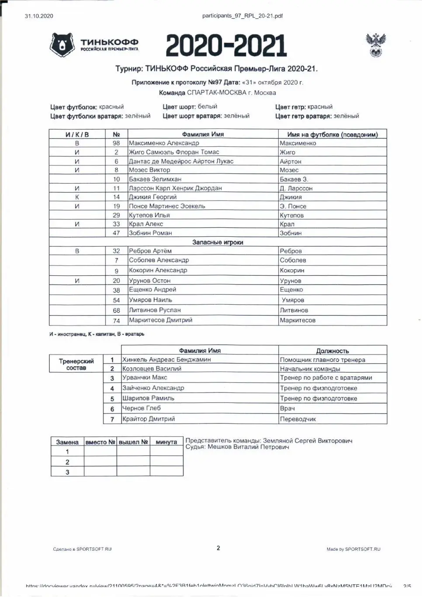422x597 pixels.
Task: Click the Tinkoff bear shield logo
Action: [x=63, y=45]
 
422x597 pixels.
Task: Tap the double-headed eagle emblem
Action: [x=376, y=45]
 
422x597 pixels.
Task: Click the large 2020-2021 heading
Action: [x=226, y=46]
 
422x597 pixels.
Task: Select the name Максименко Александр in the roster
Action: [x=164, y=143]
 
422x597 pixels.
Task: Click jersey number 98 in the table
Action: [x=116, y=143]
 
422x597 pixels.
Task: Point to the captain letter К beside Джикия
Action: [x=77, y=197]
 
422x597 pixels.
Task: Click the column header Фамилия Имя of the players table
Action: [x=203, y=134]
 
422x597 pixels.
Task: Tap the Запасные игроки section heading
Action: [x=218, y=242]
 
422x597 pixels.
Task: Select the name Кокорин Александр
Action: [x=158, y=270]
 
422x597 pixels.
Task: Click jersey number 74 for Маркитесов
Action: [x=116, y=320]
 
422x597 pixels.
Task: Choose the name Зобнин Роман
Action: [x=150, y=233]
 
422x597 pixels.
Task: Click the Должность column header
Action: [x=332, y=351]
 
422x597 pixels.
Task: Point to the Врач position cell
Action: [x=287, y=408]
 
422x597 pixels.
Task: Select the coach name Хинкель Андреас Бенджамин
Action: [x=166, y=359]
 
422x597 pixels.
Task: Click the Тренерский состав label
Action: [x=76, y=364]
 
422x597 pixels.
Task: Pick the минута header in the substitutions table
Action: [x=166, y=442]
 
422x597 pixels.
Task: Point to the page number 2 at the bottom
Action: [x=218, y=548]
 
